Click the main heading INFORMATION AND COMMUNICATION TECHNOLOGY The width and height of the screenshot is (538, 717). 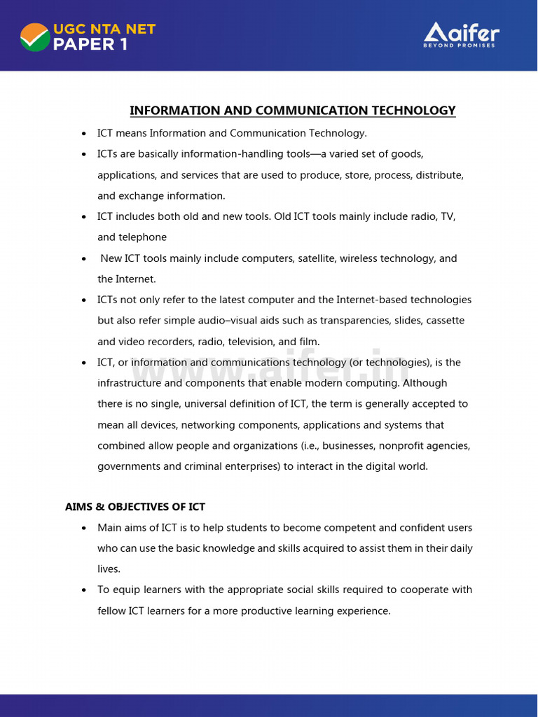292,111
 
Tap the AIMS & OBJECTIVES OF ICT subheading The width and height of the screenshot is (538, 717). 135,506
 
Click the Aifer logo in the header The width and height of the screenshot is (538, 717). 461,34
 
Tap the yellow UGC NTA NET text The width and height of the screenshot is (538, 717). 104,29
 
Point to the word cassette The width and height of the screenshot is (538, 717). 443,321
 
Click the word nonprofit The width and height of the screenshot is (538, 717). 401,445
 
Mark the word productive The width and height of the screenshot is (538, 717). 265,611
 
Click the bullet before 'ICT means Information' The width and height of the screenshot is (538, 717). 84,133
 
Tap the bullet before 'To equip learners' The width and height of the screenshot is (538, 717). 84,590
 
